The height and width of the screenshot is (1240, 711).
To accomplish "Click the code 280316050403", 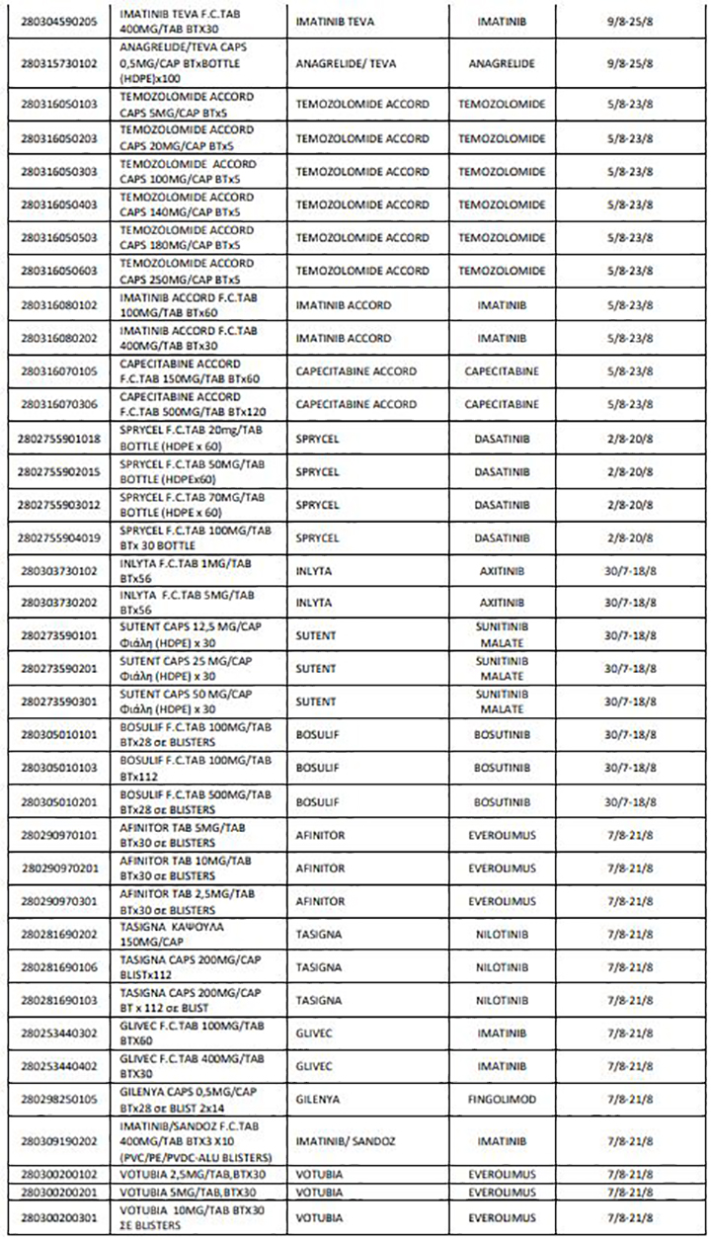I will (62, 205).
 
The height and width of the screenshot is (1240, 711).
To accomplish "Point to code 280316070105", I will (62, 372).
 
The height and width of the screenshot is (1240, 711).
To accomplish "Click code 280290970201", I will (62, 868).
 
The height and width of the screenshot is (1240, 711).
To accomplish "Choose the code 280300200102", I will (62, 1175).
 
